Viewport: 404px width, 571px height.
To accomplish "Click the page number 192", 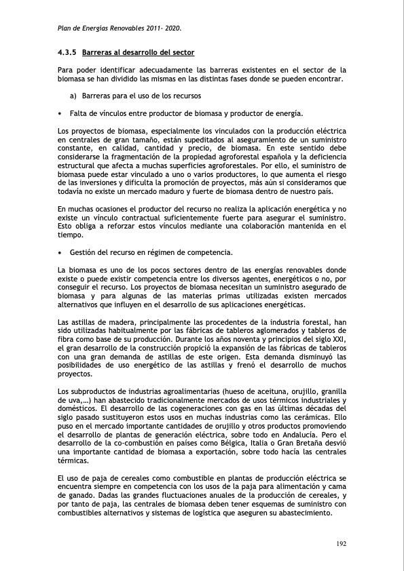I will [x=342, y=544].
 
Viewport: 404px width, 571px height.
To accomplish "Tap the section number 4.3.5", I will [x=67, y=52].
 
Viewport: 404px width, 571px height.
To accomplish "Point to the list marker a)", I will [x=75, y=96].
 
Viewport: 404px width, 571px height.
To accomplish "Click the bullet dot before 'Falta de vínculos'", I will [x=60, y=113].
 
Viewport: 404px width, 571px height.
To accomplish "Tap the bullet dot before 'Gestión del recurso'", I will [x=60, y=253].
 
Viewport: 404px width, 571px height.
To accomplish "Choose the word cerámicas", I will [x=314, y=417].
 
